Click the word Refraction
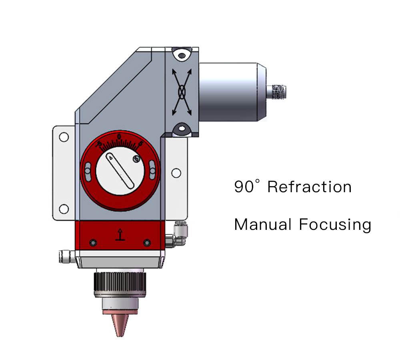point(310,187)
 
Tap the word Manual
point(263,224)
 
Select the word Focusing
point(335,225)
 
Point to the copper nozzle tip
point(120,325)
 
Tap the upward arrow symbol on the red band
point(120,235)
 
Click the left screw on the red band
point(93,242)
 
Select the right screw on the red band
point(147,242)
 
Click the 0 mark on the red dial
point(119,137)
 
